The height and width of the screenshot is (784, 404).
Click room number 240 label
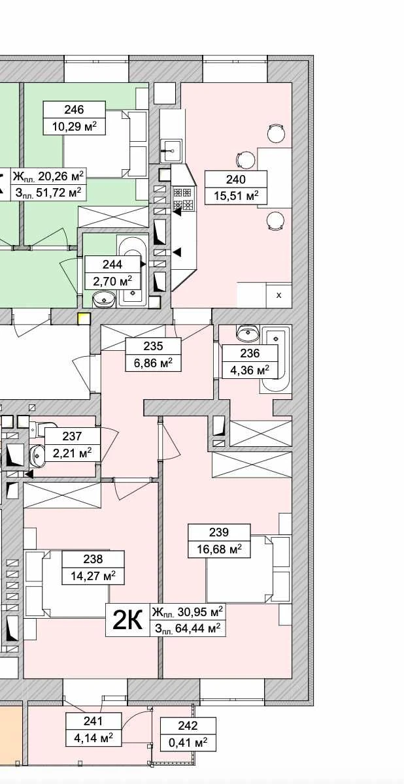[235, 180]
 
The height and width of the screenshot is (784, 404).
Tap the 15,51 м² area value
[236, 195]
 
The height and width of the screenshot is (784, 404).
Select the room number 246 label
[75, 110]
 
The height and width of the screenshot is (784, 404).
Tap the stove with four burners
[183, 199]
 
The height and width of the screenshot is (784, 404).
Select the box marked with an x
[279, 295]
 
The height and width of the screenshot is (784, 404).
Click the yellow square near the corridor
[84, 318]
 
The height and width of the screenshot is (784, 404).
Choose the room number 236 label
[250, 353]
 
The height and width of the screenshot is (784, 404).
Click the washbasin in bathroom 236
[248, 333]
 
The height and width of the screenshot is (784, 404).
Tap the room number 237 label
[72, 436]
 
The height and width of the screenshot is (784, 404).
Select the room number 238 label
[93, 559]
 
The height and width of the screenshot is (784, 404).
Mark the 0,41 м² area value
[188, 742]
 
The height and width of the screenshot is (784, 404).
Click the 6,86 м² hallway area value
[154, 362]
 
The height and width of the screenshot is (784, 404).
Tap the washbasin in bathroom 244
[104, 300]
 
